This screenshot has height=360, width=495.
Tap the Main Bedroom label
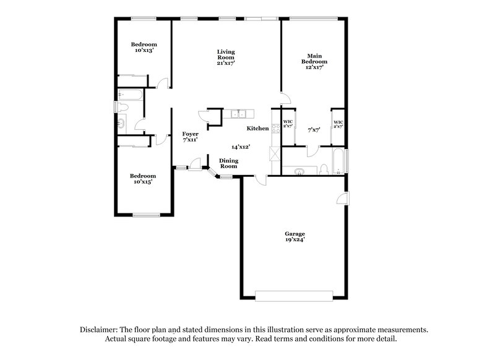point(314,59)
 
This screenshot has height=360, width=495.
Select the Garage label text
point(295,234)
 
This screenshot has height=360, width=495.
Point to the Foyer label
point(190,134)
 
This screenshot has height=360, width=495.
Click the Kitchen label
point(258,129)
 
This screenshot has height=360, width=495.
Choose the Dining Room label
point(229,163)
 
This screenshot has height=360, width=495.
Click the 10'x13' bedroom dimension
point(144,50)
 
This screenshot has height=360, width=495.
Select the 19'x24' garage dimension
point(295,240)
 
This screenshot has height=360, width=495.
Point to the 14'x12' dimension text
point(240,147)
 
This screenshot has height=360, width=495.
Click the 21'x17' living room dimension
point(225,62)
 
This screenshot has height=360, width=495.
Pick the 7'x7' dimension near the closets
point(314,130)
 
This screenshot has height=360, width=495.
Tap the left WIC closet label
point(288,123)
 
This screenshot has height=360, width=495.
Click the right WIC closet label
point(338,123)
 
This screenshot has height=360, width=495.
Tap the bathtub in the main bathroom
point(338,162)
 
